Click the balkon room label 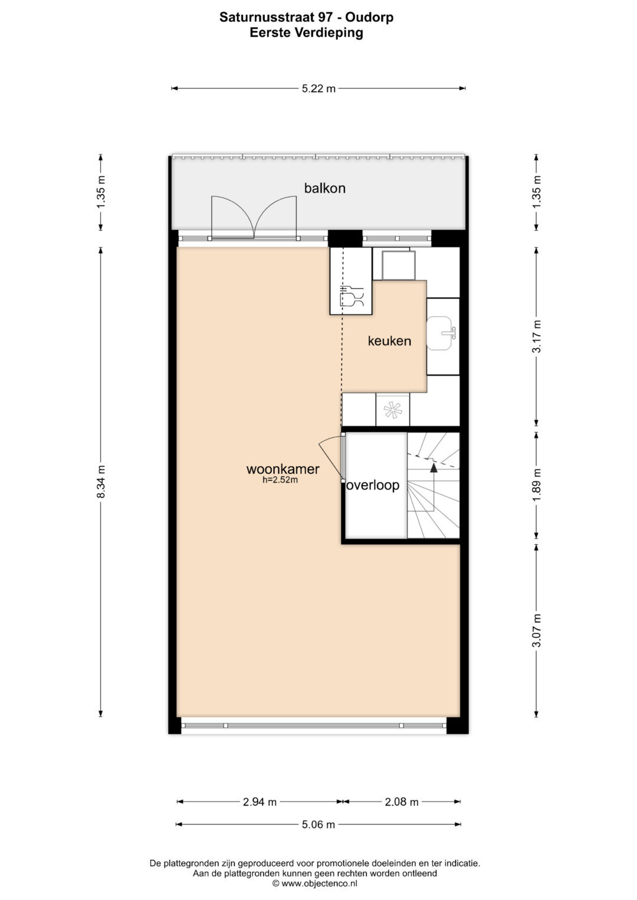(324, 188)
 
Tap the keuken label (389, 341)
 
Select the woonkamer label (283, 469)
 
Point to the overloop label (373, 485)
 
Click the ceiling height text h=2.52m (280, 480)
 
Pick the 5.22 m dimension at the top (318, 88)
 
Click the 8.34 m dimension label (100, 482)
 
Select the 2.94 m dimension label (260, 802)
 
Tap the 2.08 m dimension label (402, 802)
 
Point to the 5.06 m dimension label (318, 825)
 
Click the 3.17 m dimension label (537, 337)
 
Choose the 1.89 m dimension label (537, 485)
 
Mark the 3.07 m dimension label (537, 631)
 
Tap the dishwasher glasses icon (352, 296)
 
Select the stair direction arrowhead (433, 467)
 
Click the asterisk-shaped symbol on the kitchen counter (392, 410)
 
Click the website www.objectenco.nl (315, 884)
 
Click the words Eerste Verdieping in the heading (307, 33)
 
